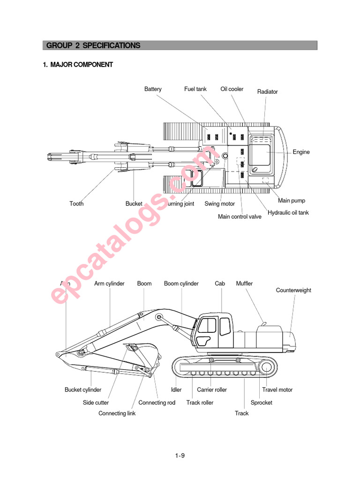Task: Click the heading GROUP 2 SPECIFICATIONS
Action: [x=93, y=45]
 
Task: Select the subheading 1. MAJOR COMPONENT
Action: [x=78, y=65]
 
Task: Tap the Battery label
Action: [x=153, y=89]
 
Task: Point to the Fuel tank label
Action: [x=195, y=89]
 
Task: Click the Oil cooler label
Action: [x=232, y=89]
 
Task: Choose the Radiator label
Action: [x=267, y=92]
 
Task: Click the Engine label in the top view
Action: [x=301, y=152]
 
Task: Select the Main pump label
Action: [x=292, y=201]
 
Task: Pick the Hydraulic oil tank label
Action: [x=288, y=213]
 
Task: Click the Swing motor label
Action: [x=219, y=204]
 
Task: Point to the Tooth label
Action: [x=76, y=204]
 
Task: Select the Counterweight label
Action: [x=293, y=290]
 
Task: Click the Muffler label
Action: [x=244, y=284]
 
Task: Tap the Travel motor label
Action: [x=277, y=390]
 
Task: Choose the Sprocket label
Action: [x=261, y=403]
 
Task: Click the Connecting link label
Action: [x=117, y=413]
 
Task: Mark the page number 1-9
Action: [x=180, y=455]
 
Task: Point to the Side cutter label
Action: [x=96, y=403]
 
